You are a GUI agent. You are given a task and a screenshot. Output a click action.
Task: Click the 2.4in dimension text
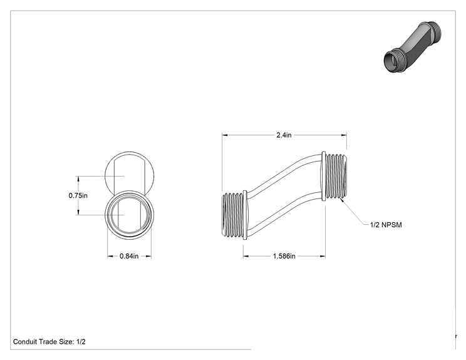click(x=284, y=135)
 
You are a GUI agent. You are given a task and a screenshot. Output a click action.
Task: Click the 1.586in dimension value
click(x=284, y=256)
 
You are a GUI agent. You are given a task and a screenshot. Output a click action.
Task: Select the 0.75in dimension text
click(x=78, y=195)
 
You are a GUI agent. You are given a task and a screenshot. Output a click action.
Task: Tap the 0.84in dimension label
click(x=129, y=256)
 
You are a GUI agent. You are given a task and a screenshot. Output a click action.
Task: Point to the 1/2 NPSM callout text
click(x=386, y=225)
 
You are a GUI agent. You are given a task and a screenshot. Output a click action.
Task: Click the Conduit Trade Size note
click(x=49, y=342)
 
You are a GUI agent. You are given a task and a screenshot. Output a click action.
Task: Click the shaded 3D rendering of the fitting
click(x=413, y=47)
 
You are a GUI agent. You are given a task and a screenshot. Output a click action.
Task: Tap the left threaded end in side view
click(x=233, y=215)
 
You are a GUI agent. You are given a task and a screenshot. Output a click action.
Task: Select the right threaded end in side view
click(x=336, y=176)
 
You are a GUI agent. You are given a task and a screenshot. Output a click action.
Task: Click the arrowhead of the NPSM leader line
click(x=342, y=200)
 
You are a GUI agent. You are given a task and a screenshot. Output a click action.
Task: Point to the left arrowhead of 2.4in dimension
click(x=225, y=135)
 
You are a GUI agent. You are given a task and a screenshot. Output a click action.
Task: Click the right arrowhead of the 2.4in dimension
click(x=344, y=135)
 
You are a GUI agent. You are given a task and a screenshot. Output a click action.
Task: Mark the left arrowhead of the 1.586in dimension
click(x=246, y=256)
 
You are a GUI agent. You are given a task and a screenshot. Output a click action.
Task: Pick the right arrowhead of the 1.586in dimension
click(x=323, y=256)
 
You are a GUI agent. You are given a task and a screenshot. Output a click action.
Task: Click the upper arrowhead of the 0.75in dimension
click(x=78, y=179)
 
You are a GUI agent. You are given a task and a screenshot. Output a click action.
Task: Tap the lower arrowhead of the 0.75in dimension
click(x=78, y=212)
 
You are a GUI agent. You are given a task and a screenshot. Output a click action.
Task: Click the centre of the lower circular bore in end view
click(x=129, y=215)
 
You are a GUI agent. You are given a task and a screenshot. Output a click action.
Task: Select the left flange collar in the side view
click(x=245, y=215)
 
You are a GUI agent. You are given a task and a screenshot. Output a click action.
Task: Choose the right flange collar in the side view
click(x=323, y=176)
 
